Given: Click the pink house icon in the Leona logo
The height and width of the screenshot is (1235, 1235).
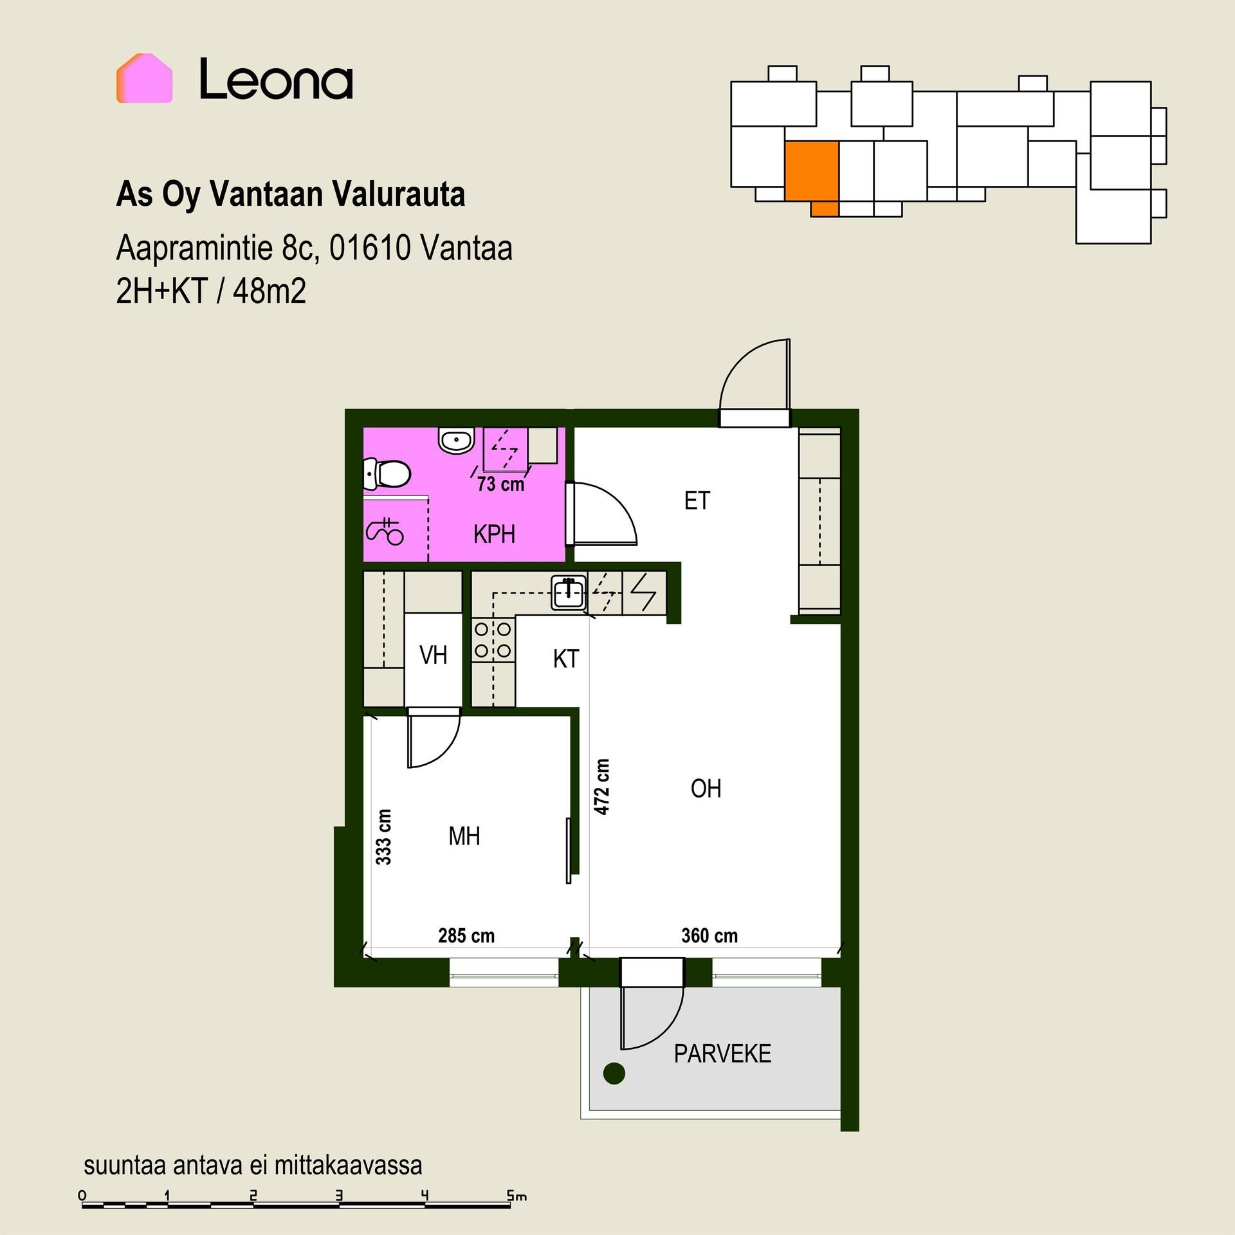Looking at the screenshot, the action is (x=144, y=78).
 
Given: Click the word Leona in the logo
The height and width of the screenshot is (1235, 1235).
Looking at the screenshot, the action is (x=276, y=79).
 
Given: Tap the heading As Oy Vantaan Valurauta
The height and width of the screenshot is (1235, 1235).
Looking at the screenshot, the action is (x=290, y=194).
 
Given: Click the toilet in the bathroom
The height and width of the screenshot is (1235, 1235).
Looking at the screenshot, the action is (x=387, y=474).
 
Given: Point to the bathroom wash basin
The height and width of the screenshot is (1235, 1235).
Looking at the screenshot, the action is (x=456, y=441).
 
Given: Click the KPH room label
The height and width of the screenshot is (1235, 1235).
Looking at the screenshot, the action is (x=494, y=535).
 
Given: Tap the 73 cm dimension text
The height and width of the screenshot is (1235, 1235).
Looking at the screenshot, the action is (x=500, y=484).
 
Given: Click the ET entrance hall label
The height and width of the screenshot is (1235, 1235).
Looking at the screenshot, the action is (x=697, y=500).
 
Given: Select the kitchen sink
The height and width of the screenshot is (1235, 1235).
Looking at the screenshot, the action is (x=569, y=592).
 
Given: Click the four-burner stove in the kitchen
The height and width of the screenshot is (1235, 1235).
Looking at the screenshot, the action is (x=493, y=639).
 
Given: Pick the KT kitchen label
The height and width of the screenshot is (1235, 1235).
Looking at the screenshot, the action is (x=566, y=659).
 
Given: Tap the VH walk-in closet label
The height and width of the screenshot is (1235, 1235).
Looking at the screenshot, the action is (x=433, y=655).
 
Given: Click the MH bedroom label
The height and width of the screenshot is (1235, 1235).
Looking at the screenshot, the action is (x=464, y=836).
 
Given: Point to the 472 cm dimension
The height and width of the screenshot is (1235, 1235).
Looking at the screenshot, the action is (x=601, y=787).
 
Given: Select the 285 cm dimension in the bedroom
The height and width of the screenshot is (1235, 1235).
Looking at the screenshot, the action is (x=466, y=935).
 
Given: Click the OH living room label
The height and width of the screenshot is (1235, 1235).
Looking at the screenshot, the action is (x=706, y=789).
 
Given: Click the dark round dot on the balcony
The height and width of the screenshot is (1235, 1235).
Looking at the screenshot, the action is (x=614, y=1073).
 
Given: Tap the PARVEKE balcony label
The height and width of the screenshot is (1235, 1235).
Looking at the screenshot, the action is (x=722, y=1054).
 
